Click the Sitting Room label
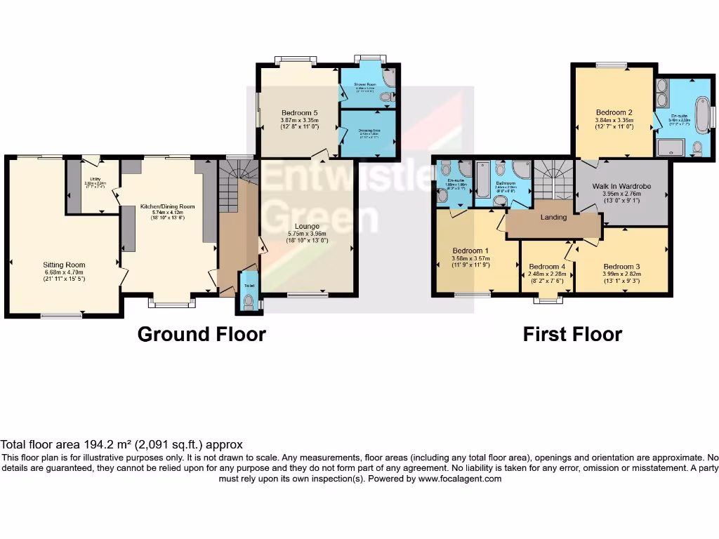[x=64, y=265]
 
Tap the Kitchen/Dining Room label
[x=167, y=207]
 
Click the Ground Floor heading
[x=202, y=334]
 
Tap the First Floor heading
[x=572, y=334]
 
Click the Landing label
[x=553, y=218]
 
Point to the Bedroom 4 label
[x=547, y=267]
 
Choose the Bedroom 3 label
[x=621, y=267]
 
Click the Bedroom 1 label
[x=470, y=251]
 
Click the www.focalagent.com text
[x=460, y=479]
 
